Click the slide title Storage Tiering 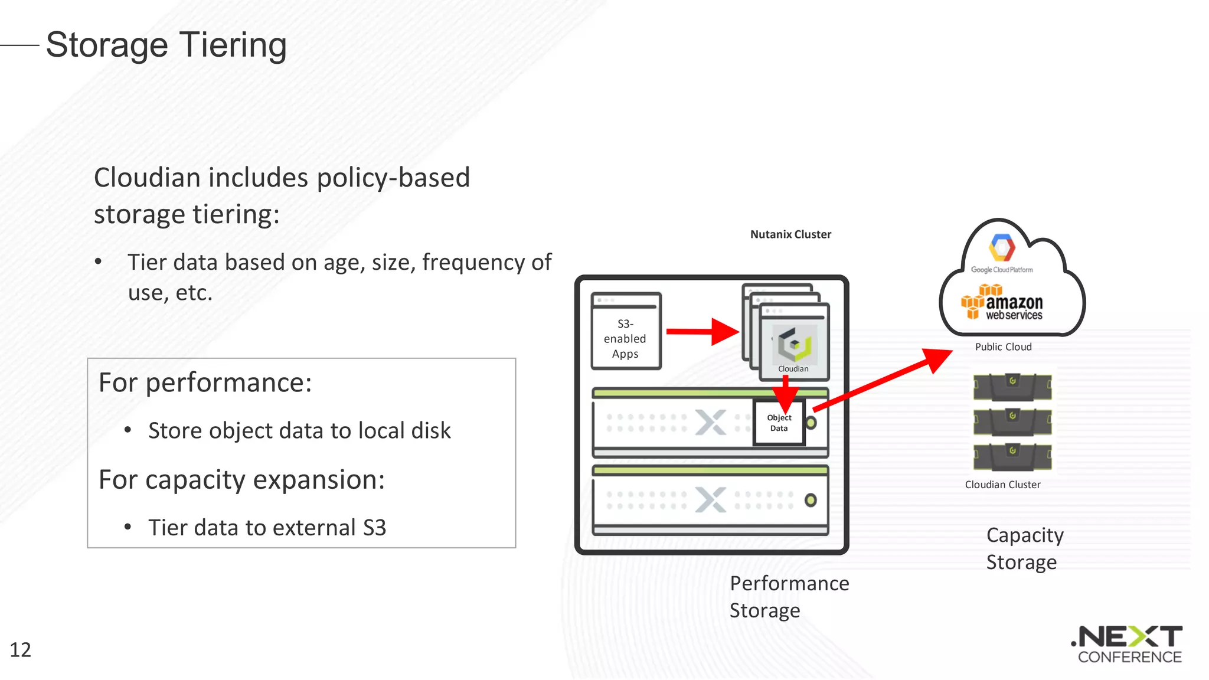tap(166, 45)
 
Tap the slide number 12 tap(20, 650)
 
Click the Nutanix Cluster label tap(790, 234)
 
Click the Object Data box tap(779, 423)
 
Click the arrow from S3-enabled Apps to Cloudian tap(702, 332)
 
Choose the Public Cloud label tap(1003, 347)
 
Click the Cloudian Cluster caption tap(1002, 485)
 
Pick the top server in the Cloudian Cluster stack tap(1012, 386)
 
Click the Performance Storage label tap(789, 597)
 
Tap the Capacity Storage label tap(1024, 548)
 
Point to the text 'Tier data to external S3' tap(267, 528)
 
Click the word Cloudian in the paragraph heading tap(147, 178)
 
